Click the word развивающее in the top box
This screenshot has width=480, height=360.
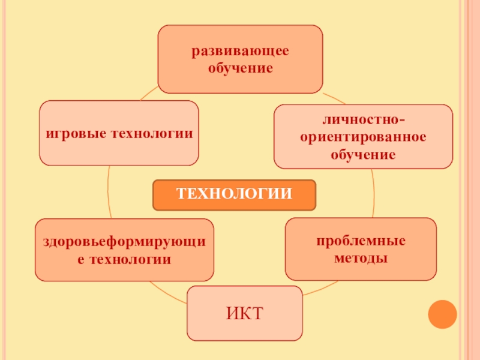240,52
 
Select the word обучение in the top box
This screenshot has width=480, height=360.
240,68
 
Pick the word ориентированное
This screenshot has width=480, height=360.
363,137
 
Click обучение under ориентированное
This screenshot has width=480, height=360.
363,155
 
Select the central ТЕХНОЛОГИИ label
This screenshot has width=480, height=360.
234,194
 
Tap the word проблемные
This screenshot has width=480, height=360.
361,241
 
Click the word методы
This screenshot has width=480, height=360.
361,259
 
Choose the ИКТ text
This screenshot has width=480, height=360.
244,313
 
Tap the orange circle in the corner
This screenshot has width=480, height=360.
443,314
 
